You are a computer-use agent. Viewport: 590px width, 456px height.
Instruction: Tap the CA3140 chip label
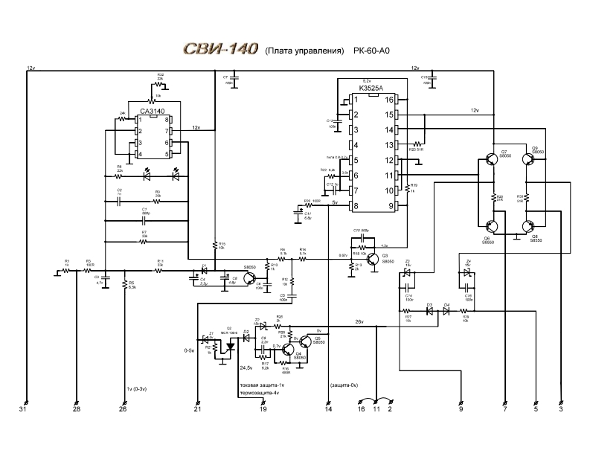[x=152, y=112]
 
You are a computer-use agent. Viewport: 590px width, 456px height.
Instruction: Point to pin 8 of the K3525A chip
[x=356, y=205]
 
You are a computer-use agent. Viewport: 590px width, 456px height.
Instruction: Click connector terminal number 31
[x=23, y=409]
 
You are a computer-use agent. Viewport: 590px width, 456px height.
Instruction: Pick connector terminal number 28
[x=76, y=409]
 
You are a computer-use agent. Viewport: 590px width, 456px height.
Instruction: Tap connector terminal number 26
[x=124, y=409]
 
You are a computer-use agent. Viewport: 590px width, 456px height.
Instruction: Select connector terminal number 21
[x=197, y=409]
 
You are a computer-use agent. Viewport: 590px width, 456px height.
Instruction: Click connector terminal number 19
[x=262, y=409]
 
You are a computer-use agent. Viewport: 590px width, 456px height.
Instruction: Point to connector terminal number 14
[x=328, y=409]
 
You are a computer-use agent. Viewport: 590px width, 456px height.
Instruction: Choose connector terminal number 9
[x=461, y=409]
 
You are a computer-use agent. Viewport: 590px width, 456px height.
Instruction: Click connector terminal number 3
[x=562, y=409]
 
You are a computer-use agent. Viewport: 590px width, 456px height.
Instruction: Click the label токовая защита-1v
[x=260, y=385]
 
